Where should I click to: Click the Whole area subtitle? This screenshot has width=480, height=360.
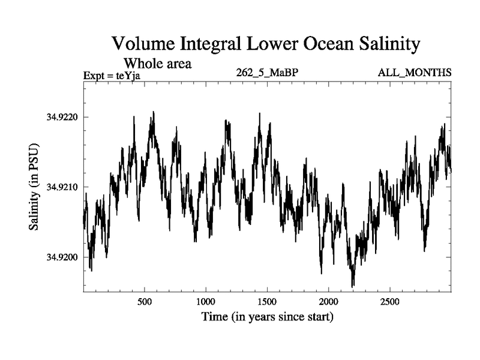click(x=157, y=62)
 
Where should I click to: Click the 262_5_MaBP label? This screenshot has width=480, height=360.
click(x=268, y=73)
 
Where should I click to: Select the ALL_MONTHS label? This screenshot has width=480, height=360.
click(x=415, y=73)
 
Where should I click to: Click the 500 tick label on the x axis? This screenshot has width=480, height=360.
click(x=144, y=301)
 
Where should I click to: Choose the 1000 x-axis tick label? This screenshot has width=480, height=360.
click(x=205, y=301)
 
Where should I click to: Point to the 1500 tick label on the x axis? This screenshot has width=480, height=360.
click(x=267, y=301)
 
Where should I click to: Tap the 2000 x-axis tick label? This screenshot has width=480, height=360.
click(x=329, y=301)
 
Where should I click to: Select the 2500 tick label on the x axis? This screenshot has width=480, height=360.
click(x=390, y=301)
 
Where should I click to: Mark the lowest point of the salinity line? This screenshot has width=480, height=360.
click(x=353, y=286)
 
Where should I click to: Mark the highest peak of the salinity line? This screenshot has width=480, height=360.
click(x=154, y=112)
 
